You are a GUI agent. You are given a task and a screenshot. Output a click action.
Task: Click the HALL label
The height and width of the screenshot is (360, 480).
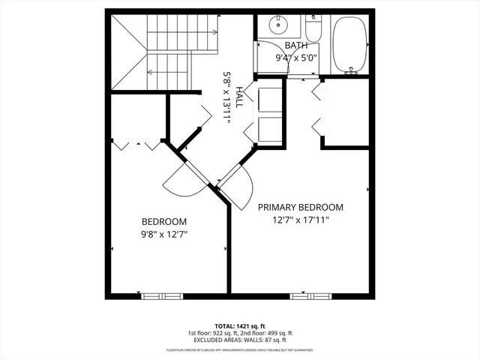[x=239, y=96]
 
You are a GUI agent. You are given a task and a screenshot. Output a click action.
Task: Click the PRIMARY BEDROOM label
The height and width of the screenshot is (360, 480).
[x=301, y=208]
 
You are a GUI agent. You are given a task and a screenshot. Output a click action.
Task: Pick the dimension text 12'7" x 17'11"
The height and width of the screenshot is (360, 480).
[x=301, y=220]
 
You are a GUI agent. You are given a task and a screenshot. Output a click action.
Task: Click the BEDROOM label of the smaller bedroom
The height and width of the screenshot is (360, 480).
[x=164, y=222]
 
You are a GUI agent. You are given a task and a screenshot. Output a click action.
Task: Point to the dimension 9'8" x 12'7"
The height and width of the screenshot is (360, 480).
[x=164, y=234]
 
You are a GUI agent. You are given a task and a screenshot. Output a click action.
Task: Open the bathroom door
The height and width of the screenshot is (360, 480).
[x=272, y=60]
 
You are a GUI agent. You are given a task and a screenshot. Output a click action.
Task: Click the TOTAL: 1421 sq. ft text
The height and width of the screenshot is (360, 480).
[x=240, y=325]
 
